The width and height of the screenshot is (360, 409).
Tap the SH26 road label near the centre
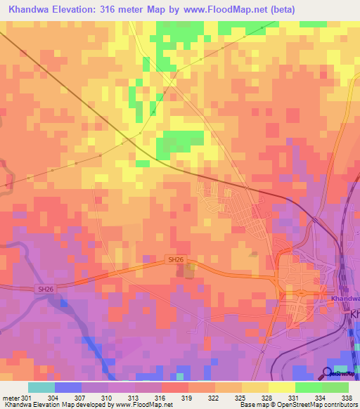[x=176, y=259]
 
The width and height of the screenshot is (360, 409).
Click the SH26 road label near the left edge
[x=45, y=289]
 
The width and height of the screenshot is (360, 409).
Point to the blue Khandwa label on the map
[x=345, y=299]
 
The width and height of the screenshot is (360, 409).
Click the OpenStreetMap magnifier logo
[x=328, y=372]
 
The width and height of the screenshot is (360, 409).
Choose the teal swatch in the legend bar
[x=41, y=387]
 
